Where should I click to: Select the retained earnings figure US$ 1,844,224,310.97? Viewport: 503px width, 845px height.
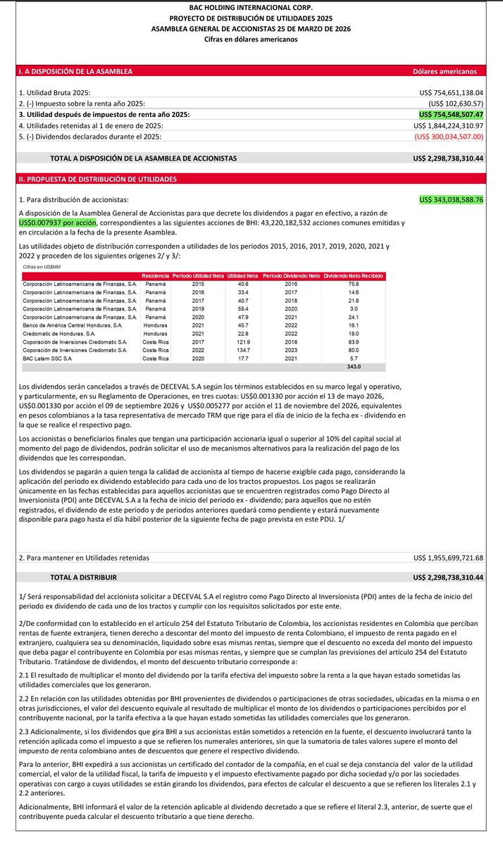click(448, 125)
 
